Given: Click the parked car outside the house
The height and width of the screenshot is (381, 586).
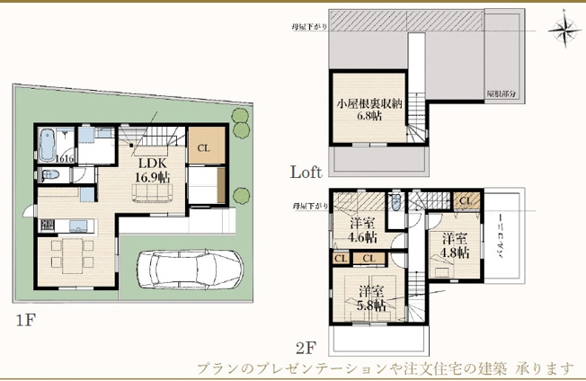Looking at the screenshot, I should click(189, 268).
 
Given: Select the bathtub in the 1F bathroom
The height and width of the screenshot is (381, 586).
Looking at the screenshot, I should click(49, 143).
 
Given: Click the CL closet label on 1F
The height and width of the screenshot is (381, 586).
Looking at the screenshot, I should click(204, 148).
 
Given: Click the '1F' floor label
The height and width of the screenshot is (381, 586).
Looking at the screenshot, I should click(24, 320).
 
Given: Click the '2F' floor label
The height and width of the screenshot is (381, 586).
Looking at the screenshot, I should click(306, 346).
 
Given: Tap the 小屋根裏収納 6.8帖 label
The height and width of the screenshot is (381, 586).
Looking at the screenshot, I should click(368, 110).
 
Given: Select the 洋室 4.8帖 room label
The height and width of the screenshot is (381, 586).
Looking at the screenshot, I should click(454, 245).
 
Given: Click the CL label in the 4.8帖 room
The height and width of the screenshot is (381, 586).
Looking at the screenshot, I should click(466, 201).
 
